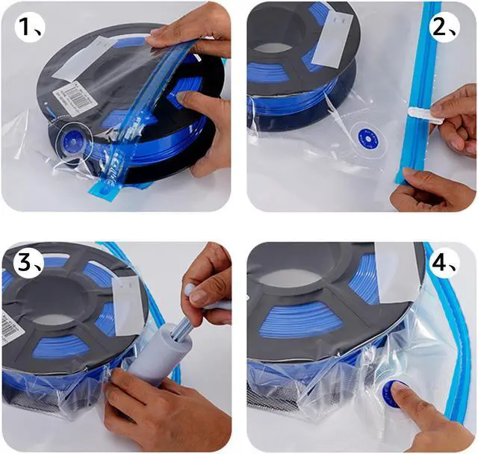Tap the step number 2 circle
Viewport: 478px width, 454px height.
449,28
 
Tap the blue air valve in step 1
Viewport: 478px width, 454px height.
74,140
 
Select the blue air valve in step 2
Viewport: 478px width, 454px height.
366,136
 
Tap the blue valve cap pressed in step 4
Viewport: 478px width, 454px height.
394,392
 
